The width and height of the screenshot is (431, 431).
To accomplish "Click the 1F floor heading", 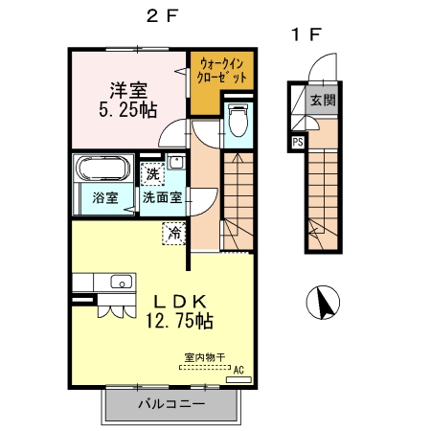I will point(306,35).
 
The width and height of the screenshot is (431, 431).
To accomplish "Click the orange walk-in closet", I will point(222,70).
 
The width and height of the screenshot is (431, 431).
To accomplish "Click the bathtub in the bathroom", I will point(101,170).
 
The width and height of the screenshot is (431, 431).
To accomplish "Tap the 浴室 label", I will point(104,198).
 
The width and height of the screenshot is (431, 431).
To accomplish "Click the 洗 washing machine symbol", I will point(152,174).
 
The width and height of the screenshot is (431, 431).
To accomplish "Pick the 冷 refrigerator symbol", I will point(175,232).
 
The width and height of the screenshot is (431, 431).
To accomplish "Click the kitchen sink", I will point(120,282).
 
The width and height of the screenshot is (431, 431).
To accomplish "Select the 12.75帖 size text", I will point(179,321).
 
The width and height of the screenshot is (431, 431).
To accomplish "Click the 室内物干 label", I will point(205,358).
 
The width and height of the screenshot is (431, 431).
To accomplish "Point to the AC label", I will point(238,369).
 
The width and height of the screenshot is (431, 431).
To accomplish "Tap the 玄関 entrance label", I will point(323,100).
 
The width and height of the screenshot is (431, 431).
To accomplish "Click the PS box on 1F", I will point(297,143).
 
